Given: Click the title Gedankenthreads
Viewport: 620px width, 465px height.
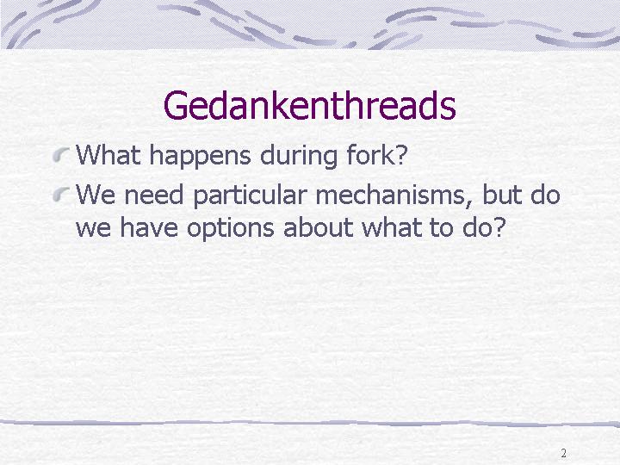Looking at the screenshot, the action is pos(310,106).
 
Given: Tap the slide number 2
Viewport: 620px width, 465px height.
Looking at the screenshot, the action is pos(563,453).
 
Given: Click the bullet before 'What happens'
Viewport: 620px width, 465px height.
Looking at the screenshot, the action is pos(61,154).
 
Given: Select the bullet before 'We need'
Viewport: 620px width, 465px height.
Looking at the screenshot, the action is pos(61,194).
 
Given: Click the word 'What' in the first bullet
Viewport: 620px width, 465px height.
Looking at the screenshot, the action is pos(108,155).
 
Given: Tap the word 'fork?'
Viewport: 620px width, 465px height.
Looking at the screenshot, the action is pos(377,155).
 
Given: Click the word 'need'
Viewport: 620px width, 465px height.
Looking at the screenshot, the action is pos(153,195).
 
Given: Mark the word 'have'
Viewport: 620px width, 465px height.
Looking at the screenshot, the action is pos(149,227).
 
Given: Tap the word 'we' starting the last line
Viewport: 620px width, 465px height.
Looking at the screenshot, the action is pos(93,230).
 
